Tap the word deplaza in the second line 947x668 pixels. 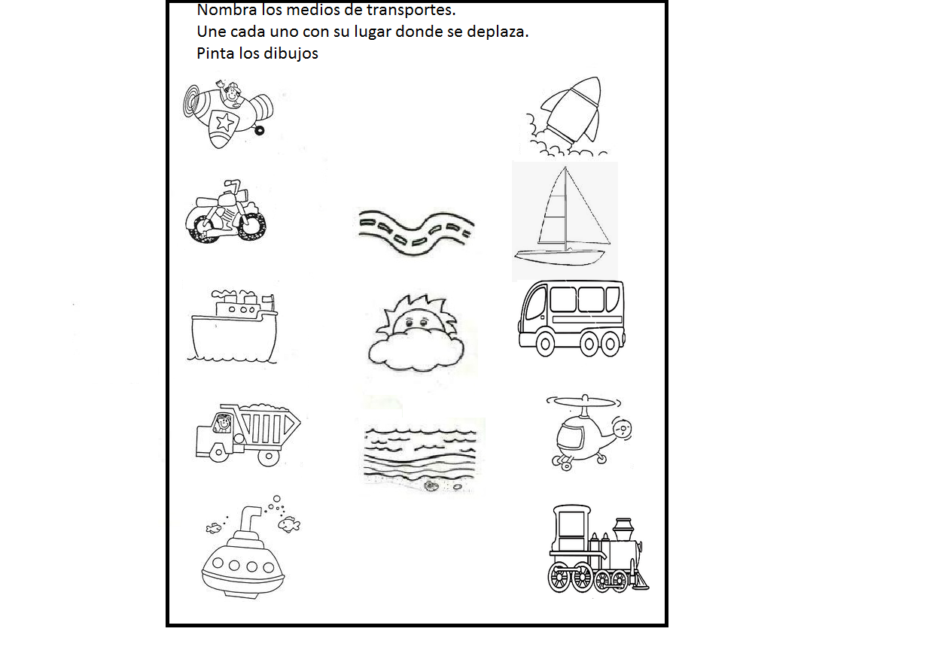pos(499,33)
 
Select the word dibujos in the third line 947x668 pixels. pos(291,54)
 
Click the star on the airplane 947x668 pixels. pos(224,121)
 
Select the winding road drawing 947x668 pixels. pos(416,232)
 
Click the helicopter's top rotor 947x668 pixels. pos(577,401)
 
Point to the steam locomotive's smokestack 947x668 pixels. pos(623,529)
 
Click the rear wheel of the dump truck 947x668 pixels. pos(269,454)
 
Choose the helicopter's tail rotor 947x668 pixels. pos(621,430)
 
